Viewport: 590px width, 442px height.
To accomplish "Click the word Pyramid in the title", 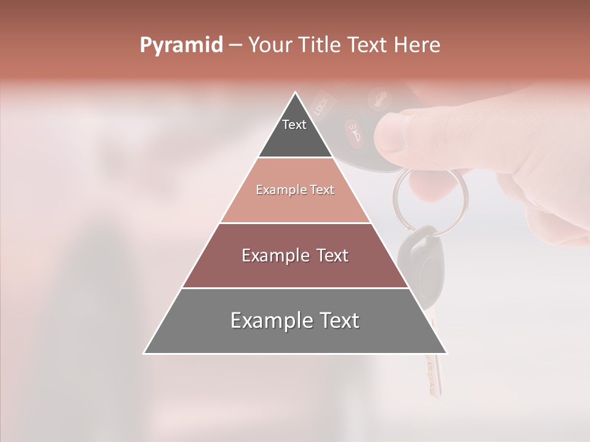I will click(x=181, y=45).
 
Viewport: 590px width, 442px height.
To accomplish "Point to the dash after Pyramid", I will click(x=235, y=46).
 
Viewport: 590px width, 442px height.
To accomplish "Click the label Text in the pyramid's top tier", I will click(x=294, y=125).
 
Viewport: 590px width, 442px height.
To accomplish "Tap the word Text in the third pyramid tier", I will click(x=328, y=255).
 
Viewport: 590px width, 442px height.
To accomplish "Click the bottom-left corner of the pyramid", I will click(x=144, y=353).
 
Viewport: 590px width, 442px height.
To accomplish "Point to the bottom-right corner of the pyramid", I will click(x=446, y=353).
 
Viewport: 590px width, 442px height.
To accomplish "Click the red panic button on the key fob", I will click(x=353, y=130).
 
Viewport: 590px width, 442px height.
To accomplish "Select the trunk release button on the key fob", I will click(x=376, y=98).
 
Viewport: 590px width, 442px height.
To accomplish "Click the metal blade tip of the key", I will click(x=437, y=387).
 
